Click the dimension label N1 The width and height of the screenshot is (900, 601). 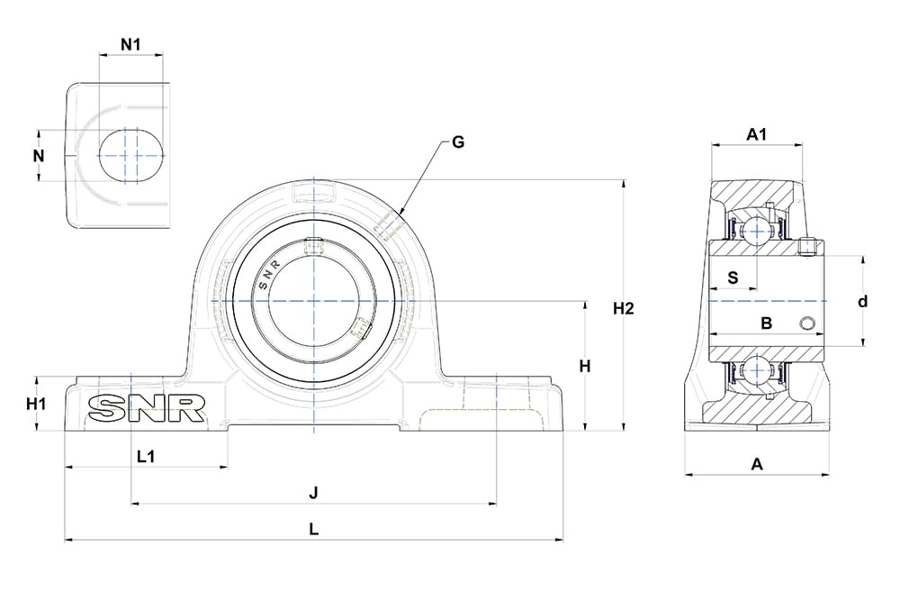point(131,43)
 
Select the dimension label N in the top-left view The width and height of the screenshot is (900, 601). point(39,156)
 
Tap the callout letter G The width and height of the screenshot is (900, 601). point(458,142)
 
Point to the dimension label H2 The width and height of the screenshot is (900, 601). point(624,309)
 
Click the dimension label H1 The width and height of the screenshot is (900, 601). point(36,404)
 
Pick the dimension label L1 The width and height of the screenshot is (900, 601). point(146,456)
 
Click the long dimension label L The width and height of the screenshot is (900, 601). point(313,530)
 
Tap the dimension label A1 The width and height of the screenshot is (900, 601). point(757,135)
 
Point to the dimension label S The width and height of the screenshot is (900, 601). point(733,278)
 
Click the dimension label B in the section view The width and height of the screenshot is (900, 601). point(767,323)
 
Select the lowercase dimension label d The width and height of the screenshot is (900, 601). point(862,302)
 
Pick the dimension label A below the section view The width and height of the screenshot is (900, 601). point(757,464)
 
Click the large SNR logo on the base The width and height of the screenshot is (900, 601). point(146,409)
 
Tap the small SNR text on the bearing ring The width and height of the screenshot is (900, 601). point(270,275)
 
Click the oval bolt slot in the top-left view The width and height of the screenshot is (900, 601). point(131,155)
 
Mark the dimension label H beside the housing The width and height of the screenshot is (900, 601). point(585,366)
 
